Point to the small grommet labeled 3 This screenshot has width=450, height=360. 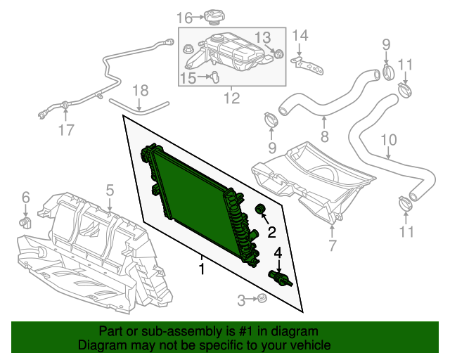coord(262,300)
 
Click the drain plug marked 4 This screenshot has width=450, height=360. coord(279,278)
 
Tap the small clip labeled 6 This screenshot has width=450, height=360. coord(27,223)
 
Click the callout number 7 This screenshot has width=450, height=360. coord(332,245)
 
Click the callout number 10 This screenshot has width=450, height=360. coord(389,140)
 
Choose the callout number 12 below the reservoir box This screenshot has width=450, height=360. coord(231,98)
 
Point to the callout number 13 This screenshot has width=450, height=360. coord(262,37)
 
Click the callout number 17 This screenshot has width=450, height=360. coord(65,129)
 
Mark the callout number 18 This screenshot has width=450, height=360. coord(141,90)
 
